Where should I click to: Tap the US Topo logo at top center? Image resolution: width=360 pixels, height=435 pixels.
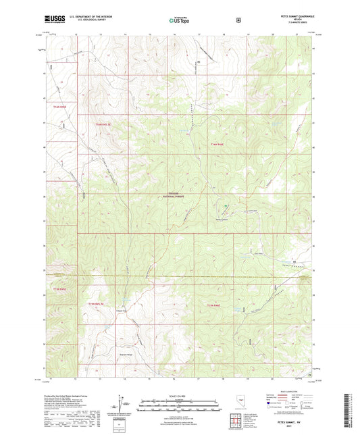point(179,21)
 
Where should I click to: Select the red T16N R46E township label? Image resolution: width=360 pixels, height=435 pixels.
point(216,143)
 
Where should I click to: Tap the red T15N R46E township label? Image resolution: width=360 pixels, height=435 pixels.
point(215,306)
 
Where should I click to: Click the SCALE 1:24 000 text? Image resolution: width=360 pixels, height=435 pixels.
point(179,395)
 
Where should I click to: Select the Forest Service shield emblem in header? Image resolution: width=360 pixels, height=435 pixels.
point(237,20)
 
